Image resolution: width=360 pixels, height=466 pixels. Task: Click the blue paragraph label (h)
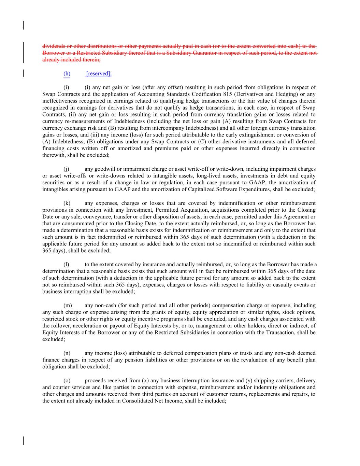tap(67, 73)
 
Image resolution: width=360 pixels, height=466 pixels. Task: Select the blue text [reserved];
tap(99, 73)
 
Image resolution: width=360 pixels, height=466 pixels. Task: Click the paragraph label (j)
tap(67, 169)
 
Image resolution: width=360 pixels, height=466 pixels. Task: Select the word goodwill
tap(104, 169)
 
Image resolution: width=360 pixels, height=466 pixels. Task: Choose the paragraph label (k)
tap(67, 203)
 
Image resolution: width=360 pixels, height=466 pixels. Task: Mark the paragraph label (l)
tap(67, 265)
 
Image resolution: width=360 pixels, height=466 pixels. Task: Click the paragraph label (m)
tap(68, 305)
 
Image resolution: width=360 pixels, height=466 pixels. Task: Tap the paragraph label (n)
tap(67, 353)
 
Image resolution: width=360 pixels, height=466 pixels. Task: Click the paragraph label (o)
tap(67, 380)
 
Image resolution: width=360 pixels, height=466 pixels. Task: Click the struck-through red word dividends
tap(53, 46)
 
